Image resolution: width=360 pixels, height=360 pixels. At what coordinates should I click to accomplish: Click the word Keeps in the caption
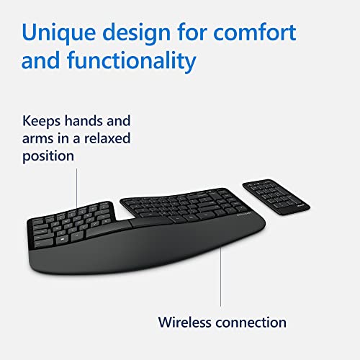point(42,121)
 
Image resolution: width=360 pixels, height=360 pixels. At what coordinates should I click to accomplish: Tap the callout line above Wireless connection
point(220,281)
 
